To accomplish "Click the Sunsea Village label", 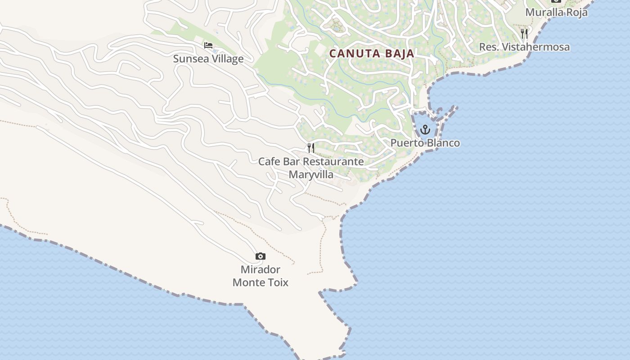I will click(x=208, y=59).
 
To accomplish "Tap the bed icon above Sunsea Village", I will click(x=208, y=45).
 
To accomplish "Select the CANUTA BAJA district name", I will click(x=372, y=54).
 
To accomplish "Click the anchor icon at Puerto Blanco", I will click(x=425, y=130).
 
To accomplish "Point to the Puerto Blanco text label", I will click(x=425, y=143).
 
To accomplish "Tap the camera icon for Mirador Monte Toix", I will click(x=261, y=256).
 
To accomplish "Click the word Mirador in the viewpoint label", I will click(x=261, y=270).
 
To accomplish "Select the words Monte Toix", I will click(x=261, y=283).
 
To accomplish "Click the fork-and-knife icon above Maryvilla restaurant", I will click(x=311, y=148).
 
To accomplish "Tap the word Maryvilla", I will click(x=311, y=175).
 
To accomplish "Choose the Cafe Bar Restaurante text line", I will click(x=311, y=162).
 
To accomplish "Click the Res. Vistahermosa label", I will click(x=524, y=47).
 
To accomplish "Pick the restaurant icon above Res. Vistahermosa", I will click(x=524, y=34).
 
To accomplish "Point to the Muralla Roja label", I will click(x=557, y=12).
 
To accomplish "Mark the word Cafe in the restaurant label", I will click(x=269, y=162).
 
